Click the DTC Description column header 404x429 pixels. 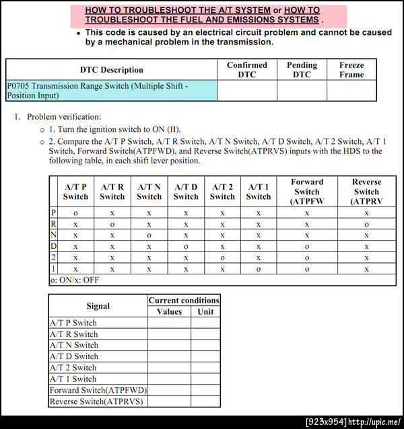[x=112, y=70]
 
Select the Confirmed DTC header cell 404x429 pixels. [x=247, y=70]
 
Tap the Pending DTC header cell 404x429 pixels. [x=302, y=70]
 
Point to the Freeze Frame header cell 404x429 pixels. [x=351, y=70]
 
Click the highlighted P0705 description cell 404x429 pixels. [x=112, y=91]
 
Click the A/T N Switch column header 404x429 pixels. [x=149, y=192]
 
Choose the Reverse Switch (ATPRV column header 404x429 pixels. [x=366, y=192]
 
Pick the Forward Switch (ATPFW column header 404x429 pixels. [x=307, y=192]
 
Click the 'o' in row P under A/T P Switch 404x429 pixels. [x=75, y=212]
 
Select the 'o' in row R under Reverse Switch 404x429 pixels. [x=366, y=224]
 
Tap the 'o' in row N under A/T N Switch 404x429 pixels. [x=149, y=235]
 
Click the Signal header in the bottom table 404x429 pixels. [x=98, y=306]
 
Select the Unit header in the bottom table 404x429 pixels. [x=205, y=312]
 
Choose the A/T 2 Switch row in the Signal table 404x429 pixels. [x=73, y=368]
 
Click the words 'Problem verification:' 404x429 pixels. [x=64, y=117]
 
